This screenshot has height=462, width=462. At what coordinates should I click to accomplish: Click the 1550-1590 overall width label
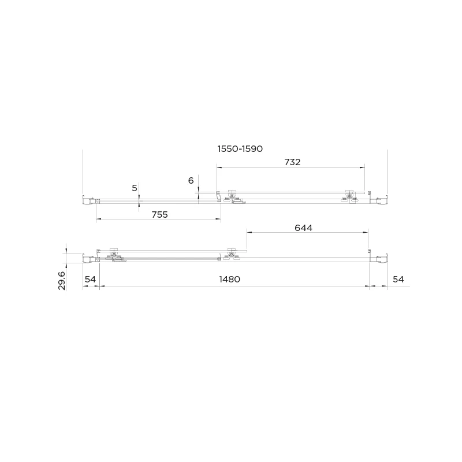[x=240, y=149]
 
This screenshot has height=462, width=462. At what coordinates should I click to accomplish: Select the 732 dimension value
[x=292, y=162]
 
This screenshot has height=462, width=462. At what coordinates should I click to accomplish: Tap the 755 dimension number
[x=160, y=214]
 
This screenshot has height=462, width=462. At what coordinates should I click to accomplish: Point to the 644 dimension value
[x=304, y=228]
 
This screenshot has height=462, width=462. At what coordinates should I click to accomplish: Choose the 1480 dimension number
[x=229, y=279]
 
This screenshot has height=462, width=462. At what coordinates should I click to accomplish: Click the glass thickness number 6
[x=191, y=180]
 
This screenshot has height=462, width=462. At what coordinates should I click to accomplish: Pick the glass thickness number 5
[x=135, y=188]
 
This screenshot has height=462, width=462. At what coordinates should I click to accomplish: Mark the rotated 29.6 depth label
[x=62, y=281]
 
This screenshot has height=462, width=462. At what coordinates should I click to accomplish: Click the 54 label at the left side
[x=90, y=279]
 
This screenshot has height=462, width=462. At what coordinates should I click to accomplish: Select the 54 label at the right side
[x=398, y=279]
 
